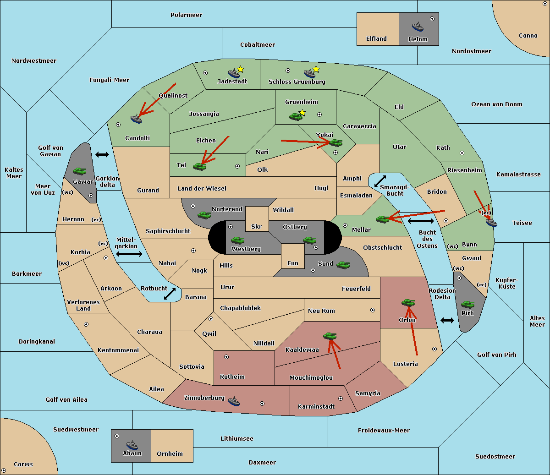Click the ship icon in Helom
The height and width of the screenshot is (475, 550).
pos(418,27)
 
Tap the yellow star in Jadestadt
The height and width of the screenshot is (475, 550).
pos(240,69)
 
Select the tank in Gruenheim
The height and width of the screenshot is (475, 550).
pos(296,116)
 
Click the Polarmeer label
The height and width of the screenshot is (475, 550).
pos(186,15)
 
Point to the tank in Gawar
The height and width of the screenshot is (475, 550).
pos(79,171)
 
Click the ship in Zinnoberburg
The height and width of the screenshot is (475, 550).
pos(234,401)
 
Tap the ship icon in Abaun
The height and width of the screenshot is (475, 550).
pos(132,445)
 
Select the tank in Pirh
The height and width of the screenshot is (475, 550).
pos(467,304)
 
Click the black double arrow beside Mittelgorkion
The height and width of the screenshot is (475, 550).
pos(129,254)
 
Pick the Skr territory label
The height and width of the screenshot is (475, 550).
pos(256,226)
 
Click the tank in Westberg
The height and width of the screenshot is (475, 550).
pos(237,240)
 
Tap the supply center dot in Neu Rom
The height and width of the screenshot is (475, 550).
pos(373,310)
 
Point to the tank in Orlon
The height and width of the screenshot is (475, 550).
pos(408,303)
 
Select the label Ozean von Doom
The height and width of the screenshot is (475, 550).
pos(497,104)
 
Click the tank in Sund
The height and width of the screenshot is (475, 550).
pos(343,265)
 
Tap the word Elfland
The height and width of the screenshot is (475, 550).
pos(376,39)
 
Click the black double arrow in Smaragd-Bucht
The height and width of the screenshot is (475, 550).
pos(380,181)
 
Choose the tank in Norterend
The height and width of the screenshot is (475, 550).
pos(204,215)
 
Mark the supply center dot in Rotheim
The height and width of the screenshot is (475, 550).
pos(226,357)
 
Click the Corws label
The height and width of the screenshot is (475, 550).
pos(23,464)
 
